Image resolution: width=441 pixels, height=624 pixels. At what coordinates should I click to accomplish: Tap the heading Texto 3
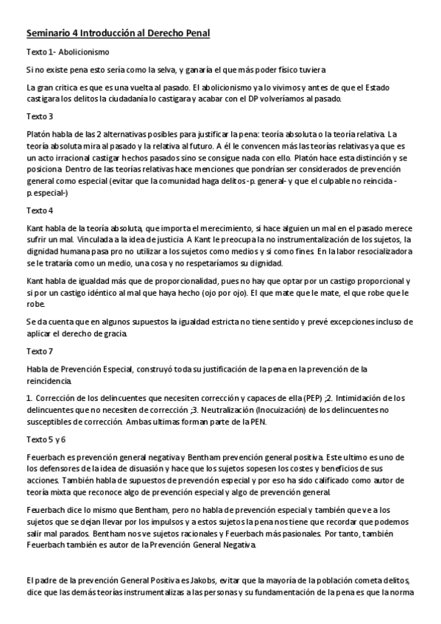[x=40, y=117]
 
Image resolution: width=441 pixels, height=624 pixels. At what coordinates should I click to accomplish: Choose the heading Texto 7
[x=40, y=351]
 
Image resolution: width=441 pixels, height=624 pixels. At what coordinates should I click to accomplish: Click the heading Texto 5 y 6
[x=46, y=439]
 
